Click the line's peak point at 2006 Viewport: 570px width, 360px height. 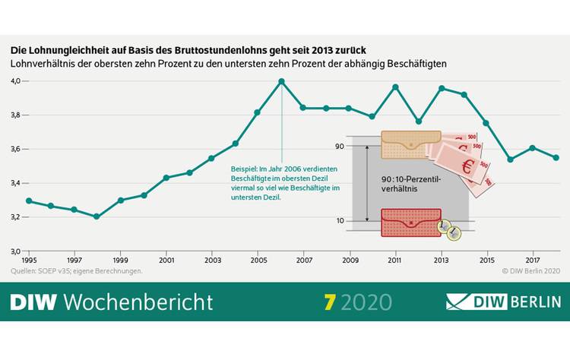pyautogui.click(x=281, y=81)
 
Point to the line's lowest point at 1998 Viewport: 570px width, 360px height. pyautogui.click(x=97, y=216)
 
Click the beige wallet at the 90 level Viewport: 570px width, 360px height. pyautogui.click(x=411, y=144)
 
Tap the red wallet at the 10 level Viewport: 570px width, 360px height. pyautogui.click(x=410, y=222)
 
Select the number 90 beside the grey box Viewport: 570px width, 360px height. pyautogui.click(x=340, y=145)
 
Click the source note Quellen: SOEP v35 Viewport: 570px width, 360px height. pyautogui.click(x=77, y=271)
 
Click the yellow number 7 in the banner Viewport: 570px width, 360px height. pyautogui.click(x=328, y=302)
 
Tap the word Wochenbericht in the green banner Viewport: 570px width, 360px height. pyautogui.click(x=138, y=302)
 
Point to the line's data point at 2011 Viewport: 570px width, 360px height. pyautogui.click(x=395, y=87)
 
